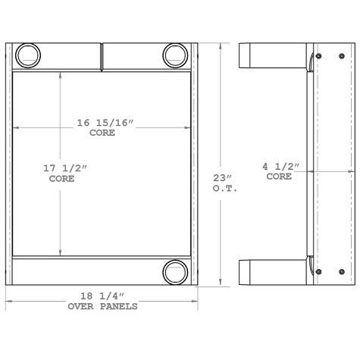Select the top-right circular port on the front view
click(175, 55)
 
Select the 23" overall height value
click(225, 179)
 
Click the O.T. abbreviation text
click(225, 189)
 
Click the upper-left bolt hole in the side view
click(318, 56)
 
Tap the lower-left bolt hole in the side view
click(318, 271)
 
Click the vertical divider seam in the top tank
click(102, 57)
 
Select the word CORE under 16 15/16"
click(102, 133)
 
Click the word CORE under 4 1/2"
click(280, 176)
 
